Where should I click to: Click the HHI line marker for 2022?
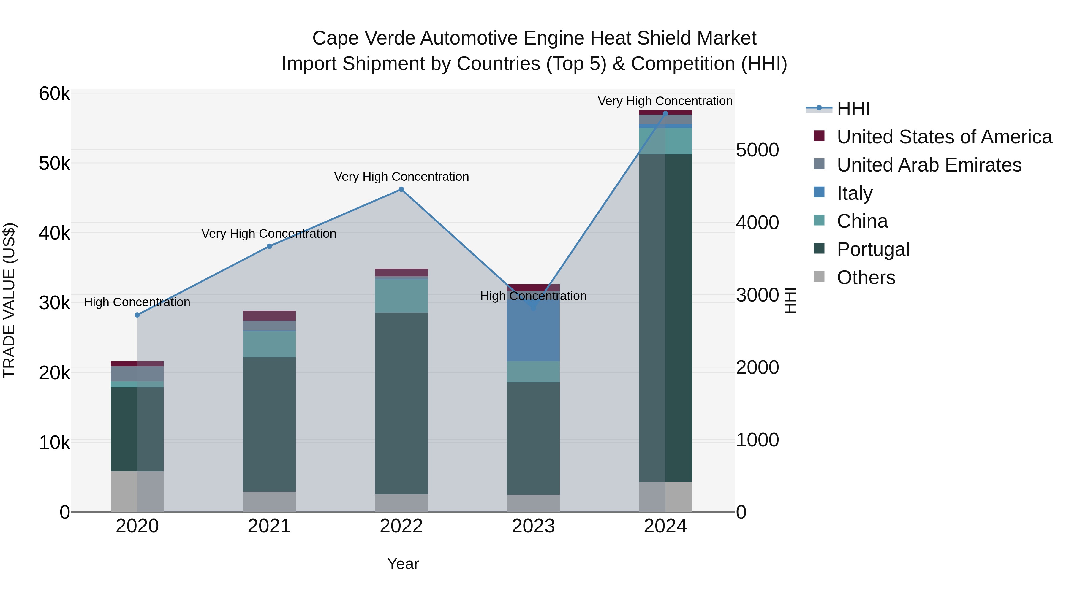tap(401, 190)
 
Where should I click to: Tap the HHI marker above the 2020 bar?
tap(137, 315)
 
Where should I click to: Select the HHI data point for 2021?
tap(269, 246)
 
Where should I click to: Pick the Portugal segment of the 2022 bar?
tap(401, 402)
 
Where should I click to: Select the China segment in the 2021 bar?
tap(269, 344)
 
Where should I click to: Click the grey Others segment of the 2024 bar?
tap(665, 497)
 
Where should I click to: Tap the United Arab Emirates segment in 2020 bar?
tap(137, 374)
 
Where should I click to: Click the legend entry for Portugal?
tap(873, 249)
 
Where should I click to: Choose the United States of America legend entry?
tap(944, 137)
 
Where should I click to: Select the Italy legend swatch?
tap(819, 192)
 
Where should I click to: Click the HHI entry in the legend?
tap(853, 109)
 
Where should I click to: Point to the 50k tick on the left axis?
tap(54, 164)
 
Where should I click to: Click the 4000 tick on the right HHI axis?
tap(757, 223)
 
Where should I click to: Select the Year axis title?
tap(403, 564)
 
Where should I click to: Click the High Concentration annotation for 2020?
tap(137, 302)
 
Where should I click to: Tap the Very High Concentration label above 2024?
tap(665, 101)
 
